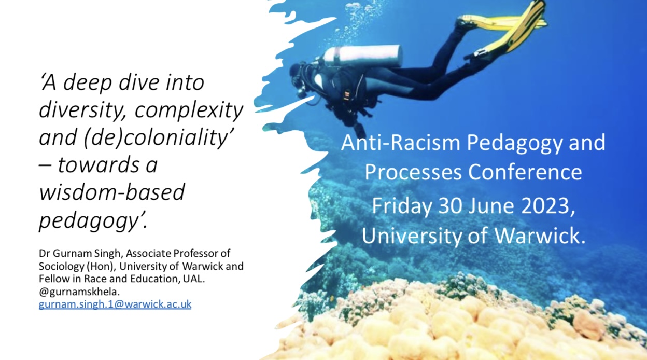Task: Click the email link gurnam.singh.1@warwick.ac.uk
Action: click(x=115, y=304)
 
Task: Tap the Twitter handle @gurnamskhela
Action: click(x=79, y=292)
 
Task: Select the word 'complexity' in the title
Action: click(x=189, y=110)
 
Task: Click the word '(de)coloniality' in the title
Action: click(x=159, y=137)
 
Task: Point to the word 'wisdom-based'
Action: click(x=112, y=192)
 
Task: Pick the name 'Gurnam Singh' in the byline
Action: click(x=87, y=253)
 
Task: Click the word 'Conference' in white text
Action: click(x=525, y=172)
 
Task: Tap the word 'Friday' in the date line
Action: click(x=402, y=206)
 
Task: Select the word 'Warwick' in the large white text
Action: click(x=537, y=236)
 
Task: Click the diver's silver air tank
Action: click(x=362, y=56)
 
